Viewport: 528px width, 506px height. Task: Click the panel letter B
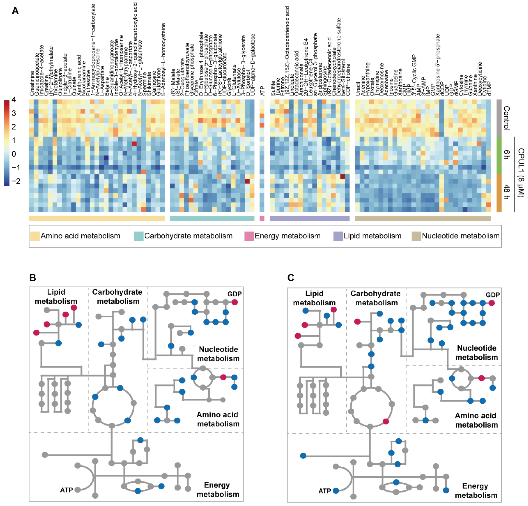click(x=33, y=278)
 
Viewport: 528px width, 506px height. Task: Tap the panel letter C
click(x=291, y=278)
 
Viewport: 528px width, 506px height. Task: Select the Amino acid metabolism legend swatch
click(x=35, y=236)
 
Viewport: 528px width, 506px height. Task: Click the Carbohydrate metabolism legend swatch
click(x=139, y=236)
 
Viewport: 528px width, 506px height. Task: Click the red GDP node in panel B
click(x=235, y=302)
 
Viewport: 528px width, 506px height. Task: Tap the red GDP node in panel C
click(x=492, y=303)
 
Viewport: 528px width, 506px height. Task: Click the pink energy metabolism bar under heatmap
click(x=262, y=218)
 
